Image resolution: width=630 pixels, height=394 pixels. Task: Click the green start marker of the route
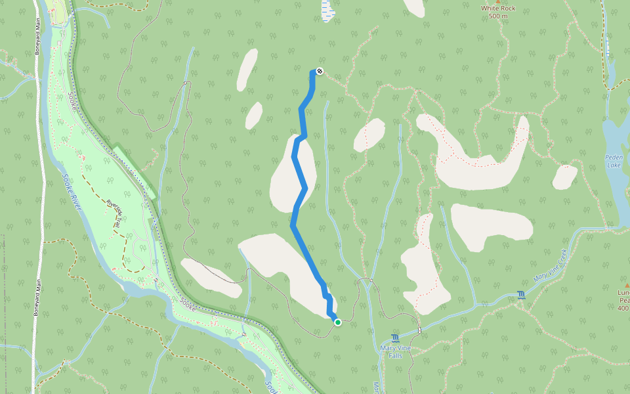[337, 322]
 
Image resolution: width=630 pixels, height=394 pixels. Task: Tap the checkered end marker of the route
[320, 71]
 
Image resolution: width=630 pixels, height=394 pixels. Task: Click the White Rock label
[498, 9]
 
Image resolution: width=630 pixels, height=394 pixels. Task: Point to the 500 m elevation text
[498, 16]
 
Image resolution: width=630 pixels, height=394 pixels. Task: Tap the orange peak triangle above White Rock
[498, 1]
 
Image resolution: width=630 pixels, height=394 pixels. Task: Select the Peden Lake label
[614, 162]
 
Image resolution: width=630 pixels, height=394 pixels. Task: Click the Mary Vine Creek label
[550, 267]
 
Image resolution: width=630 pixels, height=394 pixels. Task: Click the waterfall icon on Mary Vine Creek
[521, 295]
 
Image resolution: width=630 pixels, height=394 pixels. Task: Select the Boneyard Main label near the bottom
[37, 301]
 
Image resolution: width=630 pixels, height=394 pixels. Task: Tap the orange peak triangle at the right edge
[627, 284]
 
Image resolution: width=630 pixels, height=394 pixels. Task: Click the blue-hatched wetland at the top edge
[327, 9]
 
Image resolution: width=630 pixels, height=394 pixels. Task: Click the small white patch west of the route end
[247, 69]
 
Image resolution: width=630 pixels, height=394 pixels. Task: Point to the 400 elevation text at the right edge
[624, 308]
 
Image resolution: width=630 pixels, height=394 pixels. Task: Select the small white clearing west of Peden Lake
[564, 177]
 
